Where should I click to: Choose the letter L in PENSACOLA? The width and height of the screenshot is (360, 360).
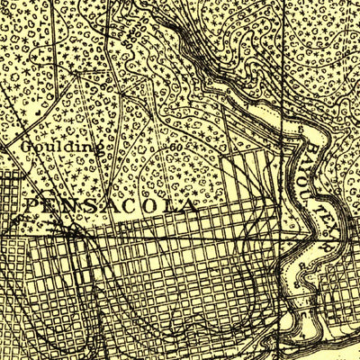pos(178,206)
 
